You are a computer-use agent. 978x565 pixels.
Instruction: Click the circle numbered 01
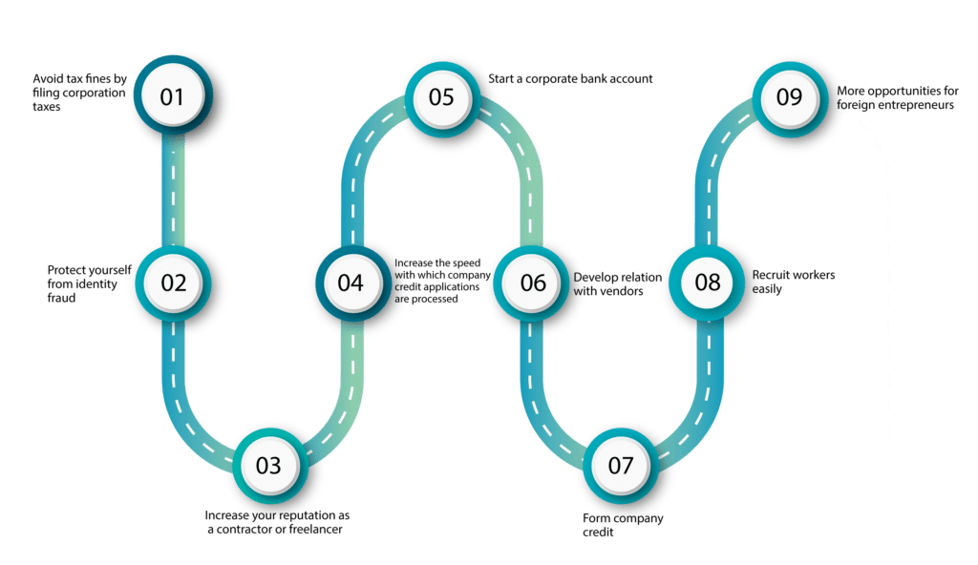[x=173, y=95]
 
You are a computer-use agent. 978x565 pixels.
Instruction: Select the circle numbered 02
[x=174, y=283]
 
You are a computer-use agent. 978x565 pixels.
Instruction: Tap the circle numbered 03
[x=269, y=465]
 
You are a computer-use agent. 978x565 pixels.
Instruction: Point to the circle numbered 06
[x=531, y=283]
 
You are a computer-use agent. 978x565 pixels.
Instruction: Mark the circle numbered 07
[x=621, y=465]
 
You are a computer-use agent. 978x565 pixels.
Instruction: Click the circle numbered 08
[x=708, y=283]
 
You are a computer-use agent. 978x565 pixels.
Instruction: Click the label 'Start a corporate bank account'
[x=570, y=78]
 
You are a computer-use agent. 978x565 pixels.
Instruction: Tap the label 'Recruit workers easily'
[x=794, y=282]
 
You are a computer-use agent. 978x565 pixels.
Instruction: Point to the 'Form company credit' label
[x=623, y=525]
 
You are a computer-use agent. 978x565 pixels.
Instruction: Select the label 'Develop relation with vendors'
[x=618, y=283]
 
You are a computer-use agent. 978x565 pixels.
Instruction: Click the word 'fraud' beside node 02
[x=61, y=298]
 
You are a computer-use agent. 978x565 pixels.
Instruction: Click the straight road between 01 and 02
[x=174, y=190]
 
